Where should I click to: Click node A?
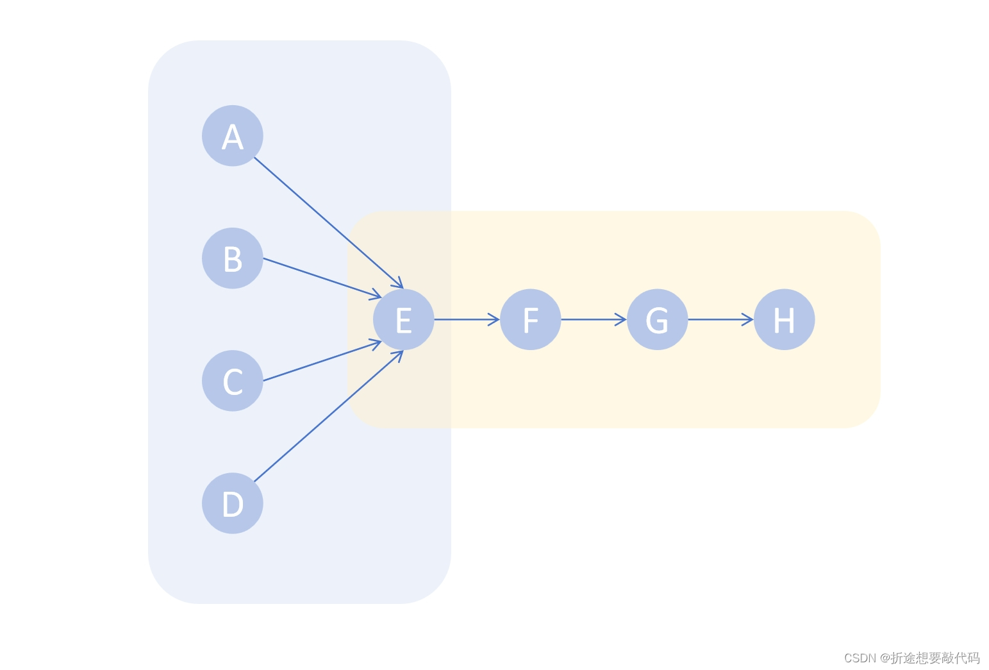233,136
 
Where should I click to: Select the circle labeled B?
233,258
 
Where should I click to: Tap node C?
233,381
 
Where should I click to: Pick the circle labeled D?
233,503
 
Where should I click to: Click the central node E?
404,319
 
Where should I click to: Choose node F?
531,319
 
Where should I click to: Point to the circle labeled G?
658,319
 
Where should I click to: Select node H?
785,319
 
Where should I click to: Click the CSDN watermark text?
911,658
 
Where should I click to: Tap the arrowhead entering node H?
749,319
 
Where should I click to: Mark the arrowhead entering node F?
495,319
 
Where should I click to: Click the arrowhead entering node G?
622,319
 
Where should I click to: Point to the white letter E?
404,321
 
